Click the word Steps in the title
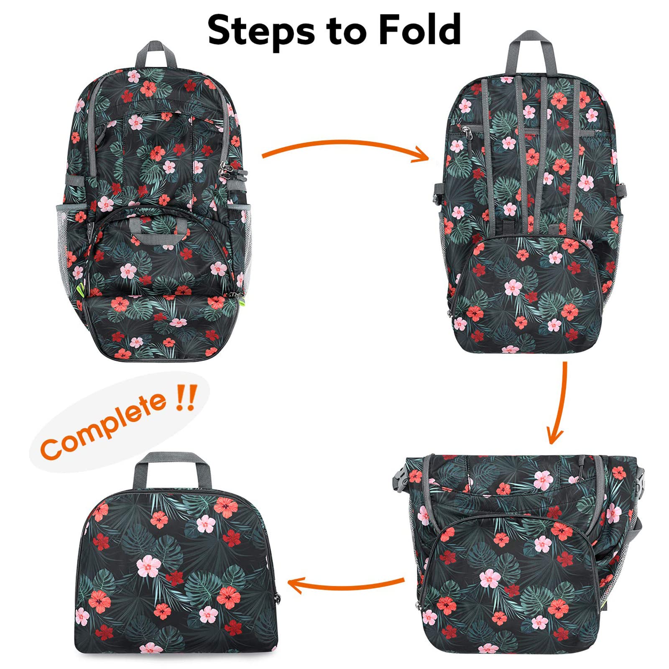[x=260, y=30]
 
